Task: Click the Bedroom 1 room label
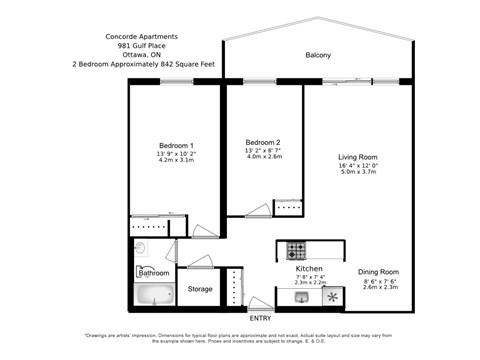[176, 146]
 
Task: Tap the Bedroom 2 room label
[263, 142]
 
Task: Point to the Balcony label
[318, 55]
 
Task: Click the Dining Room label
[379, 271]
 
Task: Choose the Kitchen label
[308, 270]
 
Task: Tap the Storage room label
[199, 289]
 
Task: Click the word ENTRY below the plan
[259, 319]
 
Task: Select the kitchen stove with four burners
[297, 250]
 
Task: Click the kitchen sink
[300, 297]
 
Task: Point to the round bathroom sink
[141, 249]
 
